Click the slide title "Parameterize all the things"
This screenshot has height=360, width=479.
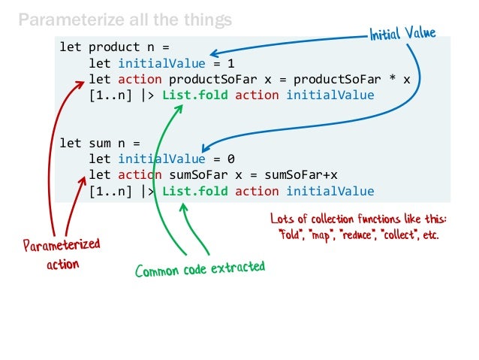coord(125,18)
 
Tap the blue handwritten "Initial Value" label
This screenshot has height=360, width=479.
coord(402,34)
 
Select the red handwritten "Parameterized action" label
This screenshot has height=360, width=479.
coord(61,254)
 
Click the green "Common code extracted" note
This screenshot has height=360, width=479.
coord(200,269)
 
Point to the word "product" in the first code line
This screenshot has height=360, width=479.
coord(111,49)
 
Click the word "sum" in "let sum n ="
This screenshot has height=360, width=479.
coord(100,143)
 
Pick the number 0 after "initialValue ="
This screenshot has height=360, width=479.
coord(231,159)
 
